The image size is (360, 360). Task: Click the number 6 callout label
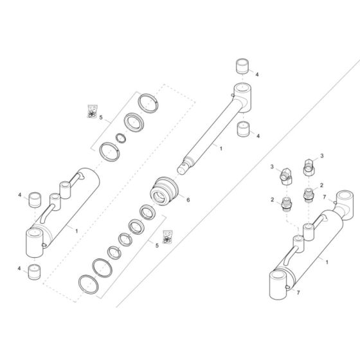point(188,200)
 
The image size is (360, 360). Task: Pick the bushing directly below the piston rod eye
point(243,130)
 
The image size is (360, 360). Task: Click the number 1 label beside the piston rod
point(221,148)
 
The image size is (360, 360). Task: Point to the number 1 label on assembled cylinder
point(328,262)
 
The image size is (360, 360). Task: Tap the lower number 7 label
point(297,292)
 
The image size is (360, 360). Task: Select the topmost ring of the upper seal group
point(149,102)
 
